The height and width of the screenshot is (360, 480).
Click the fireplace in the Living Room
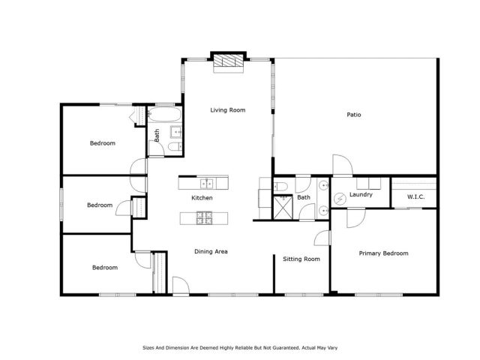228,63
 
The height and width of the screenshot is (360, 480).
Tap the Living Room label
227,110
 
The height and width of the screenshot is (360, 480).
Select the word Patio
353,115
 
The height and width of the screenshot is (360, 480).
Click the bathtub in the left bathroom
163,116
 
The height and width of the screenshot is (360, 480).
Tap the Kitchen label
202,198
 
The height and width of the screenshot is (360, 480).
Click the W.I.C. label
416,197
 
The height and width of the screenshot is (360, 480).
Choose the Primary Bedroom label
383,253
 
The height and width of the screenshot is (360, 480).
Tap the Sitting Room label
301,259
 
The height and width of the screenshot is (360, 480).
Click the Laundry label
361,195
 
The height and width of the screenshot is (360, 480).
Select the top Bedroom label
103,142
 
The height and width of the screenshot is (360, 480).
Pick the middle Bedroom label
99,205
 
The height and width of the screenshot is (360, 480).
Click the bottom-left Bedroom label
104,267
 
